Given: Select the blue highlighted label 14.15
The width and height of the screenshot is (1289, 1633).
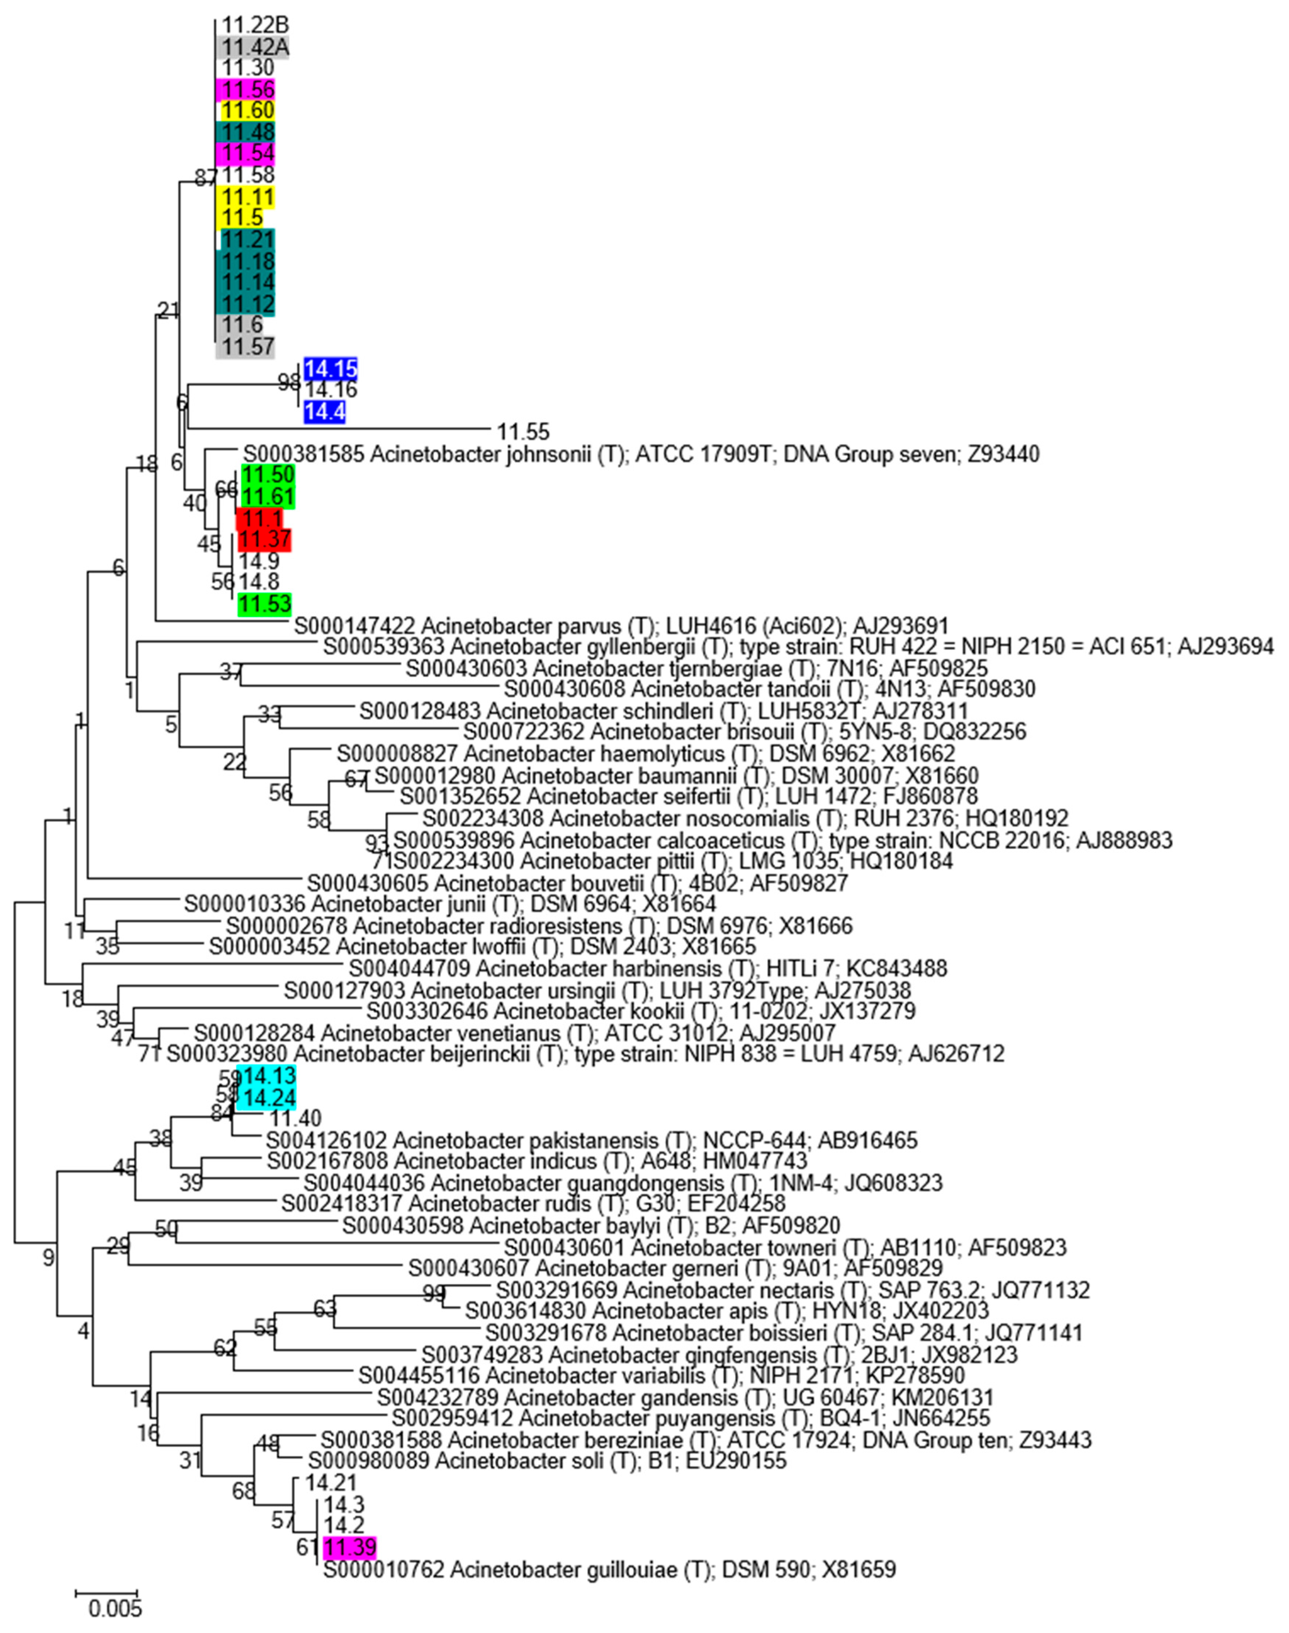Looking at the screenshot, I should coord(330,370).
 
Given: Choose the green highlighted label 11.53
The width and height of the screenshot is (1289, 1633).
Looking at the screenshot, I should coord(265,604).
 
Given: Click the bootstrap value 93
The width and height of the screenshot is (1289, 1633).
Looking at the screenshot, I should coord(376,841).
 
